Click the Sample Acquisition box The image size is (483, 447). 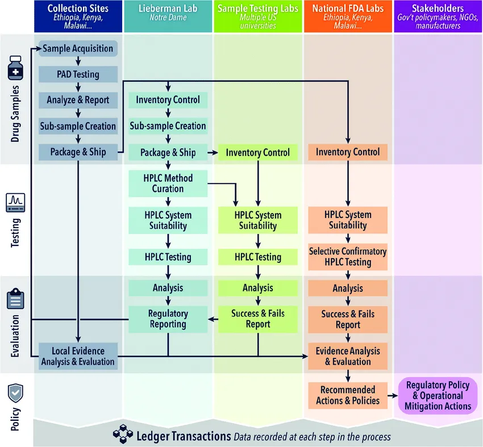(78, 48)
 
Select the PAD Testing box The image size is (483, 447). (78, 74)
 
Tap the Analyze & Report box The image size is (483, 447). (78, 100)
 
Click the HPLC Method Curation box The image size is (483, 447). (168, 183)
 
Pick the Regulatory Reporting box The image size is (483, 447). (168, 319)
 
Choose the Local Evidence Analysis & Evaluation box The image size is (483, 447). (78, 356)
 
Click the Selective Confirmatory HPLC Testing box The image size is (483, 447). (348, 257)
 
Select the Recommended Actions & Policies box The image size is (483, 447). (348, 395)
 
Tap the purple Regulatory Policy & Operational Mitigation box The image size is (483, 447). (438, 395)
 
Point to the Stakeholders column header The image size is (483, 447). (438, 16)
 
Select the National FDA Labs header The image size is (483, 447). (348, 16)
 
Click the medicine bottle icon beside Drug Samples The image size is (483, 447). (15, 68)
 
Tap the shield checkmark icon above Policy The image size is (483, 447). (15, 393)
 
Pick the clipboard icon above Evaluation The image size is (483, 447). (15, 299)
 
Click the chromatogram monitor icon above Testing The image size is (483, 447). (15, 203)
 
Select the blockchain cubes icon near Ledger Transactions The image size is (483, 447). (123, 434)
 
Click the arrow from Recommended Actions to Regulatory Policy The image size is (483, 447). (393, 395)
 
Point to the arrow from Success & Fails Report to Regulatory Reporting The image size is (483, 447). (213, 319)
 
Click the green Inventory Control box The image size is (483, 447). (258, 152)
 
